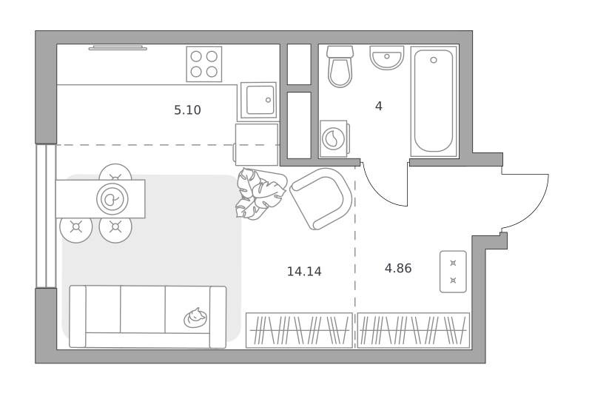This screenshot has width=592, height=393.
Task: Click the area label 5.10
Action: pos(187,110)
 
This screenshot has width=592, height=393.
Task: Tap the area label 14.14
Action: pos(304,272)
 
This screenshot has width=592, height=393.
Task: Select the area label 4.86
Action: pos(398,269)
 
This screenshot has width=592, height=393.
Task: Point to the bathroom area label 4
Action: pos(379,107)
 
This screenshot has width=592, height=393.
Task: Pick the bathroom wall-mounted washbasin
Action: pos(386,58)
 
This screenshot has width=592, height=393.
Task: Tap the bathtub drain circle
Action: pos(434,60)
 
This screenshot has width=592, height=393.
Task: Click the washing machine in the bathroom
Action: pos(334,138)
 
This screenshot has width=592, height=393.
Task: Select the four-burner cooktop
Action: pos(204,64)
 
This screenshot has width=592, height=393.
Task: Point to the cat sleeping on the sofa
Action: pos(195,318)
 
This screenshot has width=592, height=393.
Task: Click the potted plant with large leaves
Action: pos(260,194)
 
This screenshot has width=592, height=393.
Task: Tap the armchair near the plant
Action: pos(321,198)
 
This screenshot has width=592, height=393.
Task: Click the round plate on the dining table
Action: pos(112,199)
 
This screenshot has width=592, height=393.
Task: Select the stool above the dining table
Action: pos(115,172)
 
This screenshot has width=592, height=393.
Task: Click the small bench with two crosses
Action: pos(453,272)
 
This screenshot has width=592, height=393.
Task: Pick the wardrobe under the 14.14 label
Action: pos(299,330)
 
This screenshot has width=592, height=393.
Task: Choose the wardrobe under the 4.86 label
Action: pos(414,330)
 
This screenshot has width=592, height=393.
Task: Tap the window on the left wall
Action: pos(46,216)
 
